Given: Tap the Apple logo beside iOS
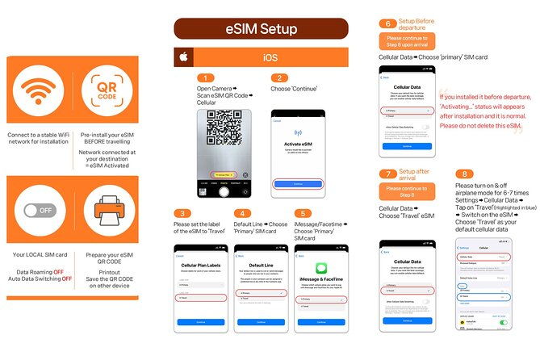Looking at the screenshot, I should tap(183, 58).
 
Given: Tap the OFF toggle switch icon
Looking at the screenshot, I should tap(40, 211).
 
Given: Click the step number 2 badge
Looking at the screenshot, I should tap(279, 78).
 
